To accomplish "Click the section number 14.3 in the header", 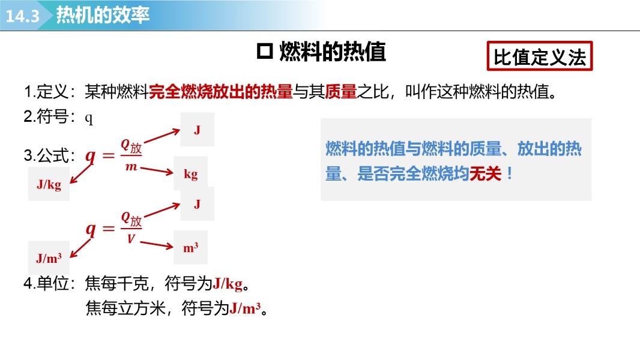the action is coord(22,16).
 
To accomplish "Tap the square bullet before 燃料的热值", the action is coord(265,52).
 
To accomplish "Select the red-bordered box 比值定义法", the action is coord(539,56).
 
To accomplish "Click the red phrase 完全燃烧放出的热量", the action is coord(221,92).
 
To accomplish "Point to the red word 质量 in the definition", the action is coord(341,92).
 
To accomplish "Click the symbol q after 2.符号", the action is coord(89,118).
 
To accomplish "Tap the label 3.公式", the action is coord(49,155).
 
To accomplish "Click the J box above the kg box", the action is coord(197,130).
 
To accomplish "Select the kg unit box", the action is coord(190,173).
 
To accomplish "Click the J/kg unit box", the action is coord(49,184).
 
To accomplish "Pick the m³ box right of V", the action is coord(190,247).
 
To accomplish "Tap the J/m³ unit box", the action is coord(49,257).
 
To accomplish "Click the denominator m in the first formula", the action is coord(131,166).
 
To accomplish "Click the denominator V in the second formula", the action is coord(131,239).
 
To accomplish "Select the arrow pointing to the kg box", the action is coord(157,170).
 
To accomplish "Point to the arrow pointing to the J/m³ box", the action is coord(80,248).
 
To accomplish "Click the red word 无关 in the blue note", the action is coord(485,174).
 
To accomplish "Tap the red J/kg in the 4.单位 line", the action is coord(228,283).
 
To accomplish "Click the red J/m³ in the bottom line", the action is coord(245,308).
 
